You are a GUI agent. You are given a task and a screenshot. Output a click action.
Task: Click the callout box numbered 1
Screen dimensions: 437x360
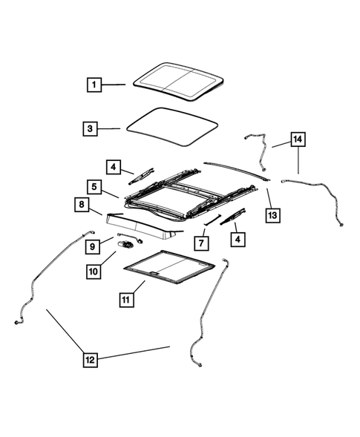point(94,85)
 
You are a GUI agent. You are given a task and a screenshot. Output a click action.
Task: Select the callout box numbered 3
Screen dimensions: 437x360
point(89,128)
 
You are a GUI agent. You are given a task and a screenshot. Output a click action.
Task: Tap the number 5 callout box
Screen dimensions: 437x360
point(94,187)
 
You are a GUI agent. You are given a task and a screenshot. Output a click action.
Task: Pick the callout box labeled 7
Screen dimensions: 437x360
point(200,243)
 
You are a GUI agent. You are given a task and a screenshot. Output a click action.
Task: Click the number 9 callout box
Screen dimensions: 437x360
point(93,245)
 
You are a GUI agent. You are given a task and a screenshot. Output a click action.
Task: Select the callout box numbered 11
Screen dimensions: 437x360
point(127,300)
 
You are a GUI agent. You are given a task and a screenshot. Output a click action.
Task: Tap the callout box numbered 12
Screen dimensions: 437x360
point(90,361)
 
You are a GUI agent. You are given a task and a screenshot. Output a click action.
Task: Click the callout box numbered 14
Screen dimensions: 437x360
point(298,139)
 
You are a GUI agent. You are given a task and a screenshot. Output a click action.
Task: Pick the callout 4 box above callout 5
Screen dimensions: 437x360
point(114,167)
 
